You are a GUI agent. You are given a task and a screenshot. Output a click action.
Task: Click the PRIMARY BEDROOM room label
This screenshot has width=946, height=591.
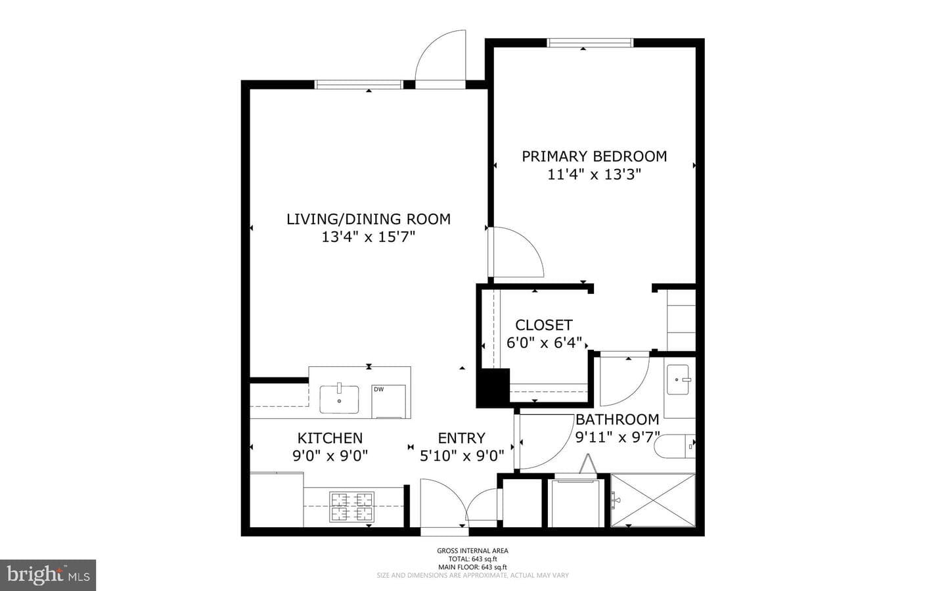pos(594,156)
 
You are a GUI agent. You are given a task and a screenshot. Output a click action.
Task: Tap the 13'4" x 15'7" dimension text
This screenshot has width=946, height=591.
pos(369,237)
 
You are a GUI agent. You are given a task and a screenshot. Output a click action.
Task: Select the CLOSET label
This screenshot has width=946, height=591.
pos(544,325)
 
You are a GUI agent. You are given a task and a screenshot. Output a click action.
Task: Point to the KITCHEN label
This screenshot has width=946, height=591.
pos(330,438)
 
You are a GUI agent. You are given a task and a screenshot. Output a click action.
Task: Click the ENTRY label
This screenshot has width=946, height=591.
pos(462,438)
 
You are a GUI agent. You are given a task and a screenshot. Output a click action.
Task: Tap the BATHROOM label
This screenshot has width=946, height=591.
pos(618,419)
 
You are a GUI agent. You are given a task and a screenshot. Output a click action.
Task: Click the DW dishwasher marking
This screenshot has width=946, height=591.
pos(379,389)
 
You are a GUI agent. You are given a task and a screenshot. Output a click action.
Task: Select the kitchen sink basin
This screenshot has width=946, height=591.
pos(339,399)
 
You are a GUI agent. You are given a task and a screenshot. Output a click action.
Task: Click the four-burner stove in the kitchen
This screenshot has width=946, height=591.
pos(352,506)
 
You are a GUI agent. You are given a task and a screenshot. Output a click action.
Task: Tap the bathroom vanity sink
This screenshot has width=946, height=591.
pos(678,379)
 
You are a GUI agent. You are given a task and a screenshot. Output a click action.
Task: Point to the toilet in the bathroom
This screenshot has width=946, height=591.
pos(675,446)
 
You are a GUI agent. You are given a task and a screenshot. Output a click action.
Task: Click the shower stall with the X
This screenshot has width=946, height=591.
pos(653,500)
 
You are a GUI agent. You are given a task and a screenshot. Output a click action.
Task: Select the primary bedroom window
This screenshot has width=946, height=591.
pos(591,43)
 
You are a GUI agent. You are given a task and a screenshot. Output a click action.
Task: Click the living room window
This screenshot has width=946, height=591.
pos(359,85)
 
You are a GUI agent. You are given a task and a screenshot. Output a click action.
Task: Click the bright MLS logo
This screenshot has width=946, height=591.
pos(48,575)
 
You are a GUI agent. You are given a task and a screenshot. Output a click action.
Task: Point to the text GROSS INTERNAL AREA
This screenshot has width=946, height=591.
pos(472,550)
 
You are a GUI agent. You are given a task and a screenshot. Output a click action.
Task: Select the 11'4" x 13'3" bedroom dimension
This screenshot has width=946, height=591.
pos(594,175)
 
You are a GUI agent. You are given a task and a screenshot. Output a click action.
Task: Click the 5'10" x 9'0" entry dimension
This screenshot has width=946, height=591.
pos(462,456)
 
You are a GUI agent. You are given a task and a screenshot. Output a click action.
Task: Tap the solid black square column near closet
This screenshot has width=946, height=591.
pos(493,387)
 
